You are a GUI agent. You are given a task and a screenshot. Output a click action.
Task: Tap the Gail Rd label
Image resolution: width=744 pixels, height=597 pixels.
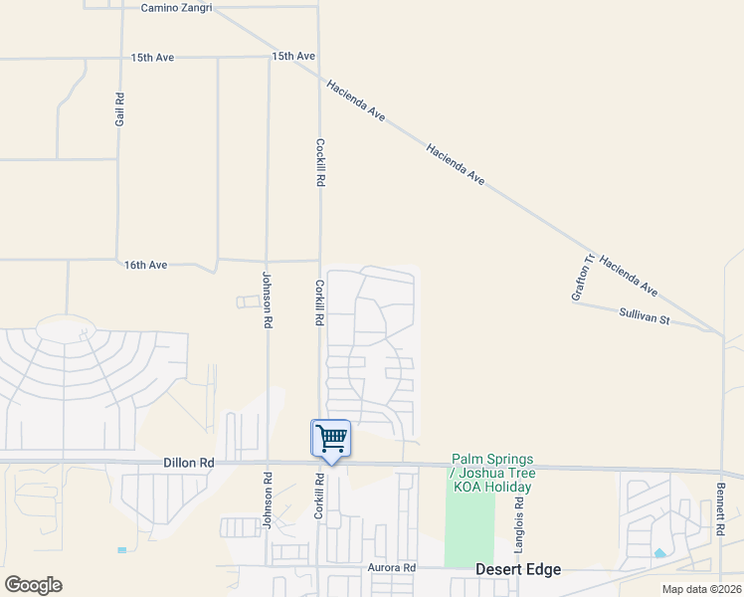119,108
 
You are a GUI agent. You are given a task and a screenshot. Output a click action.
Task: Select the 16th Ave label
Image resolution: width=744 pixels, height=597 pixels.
145,265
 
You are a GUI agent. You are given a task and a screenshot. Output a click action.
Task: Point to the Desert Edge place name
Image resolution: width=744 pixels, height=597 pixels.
517,569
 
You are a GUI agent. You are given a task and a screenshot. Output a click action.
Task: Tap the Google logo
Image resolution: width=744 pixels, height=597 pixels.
33,585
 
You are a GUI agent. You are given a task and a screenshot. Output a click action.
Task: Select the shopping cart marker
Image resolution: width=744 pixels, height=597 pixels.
331,439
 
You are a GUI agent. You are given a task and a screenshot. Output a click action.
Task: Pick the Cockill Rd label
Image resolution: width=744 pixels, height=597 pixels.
320,163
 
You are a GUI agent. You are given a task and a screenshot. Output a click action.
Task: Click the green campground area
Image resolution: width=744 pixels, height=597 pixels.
468,527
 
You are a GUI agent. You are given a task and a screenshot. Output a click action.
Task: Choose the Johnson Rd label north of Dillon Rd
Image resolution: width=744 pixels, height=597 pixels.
267,300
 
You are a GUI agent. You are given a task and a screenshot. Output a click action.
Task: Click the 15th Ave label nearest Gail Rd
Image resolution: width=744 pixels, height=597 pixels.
152,58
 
